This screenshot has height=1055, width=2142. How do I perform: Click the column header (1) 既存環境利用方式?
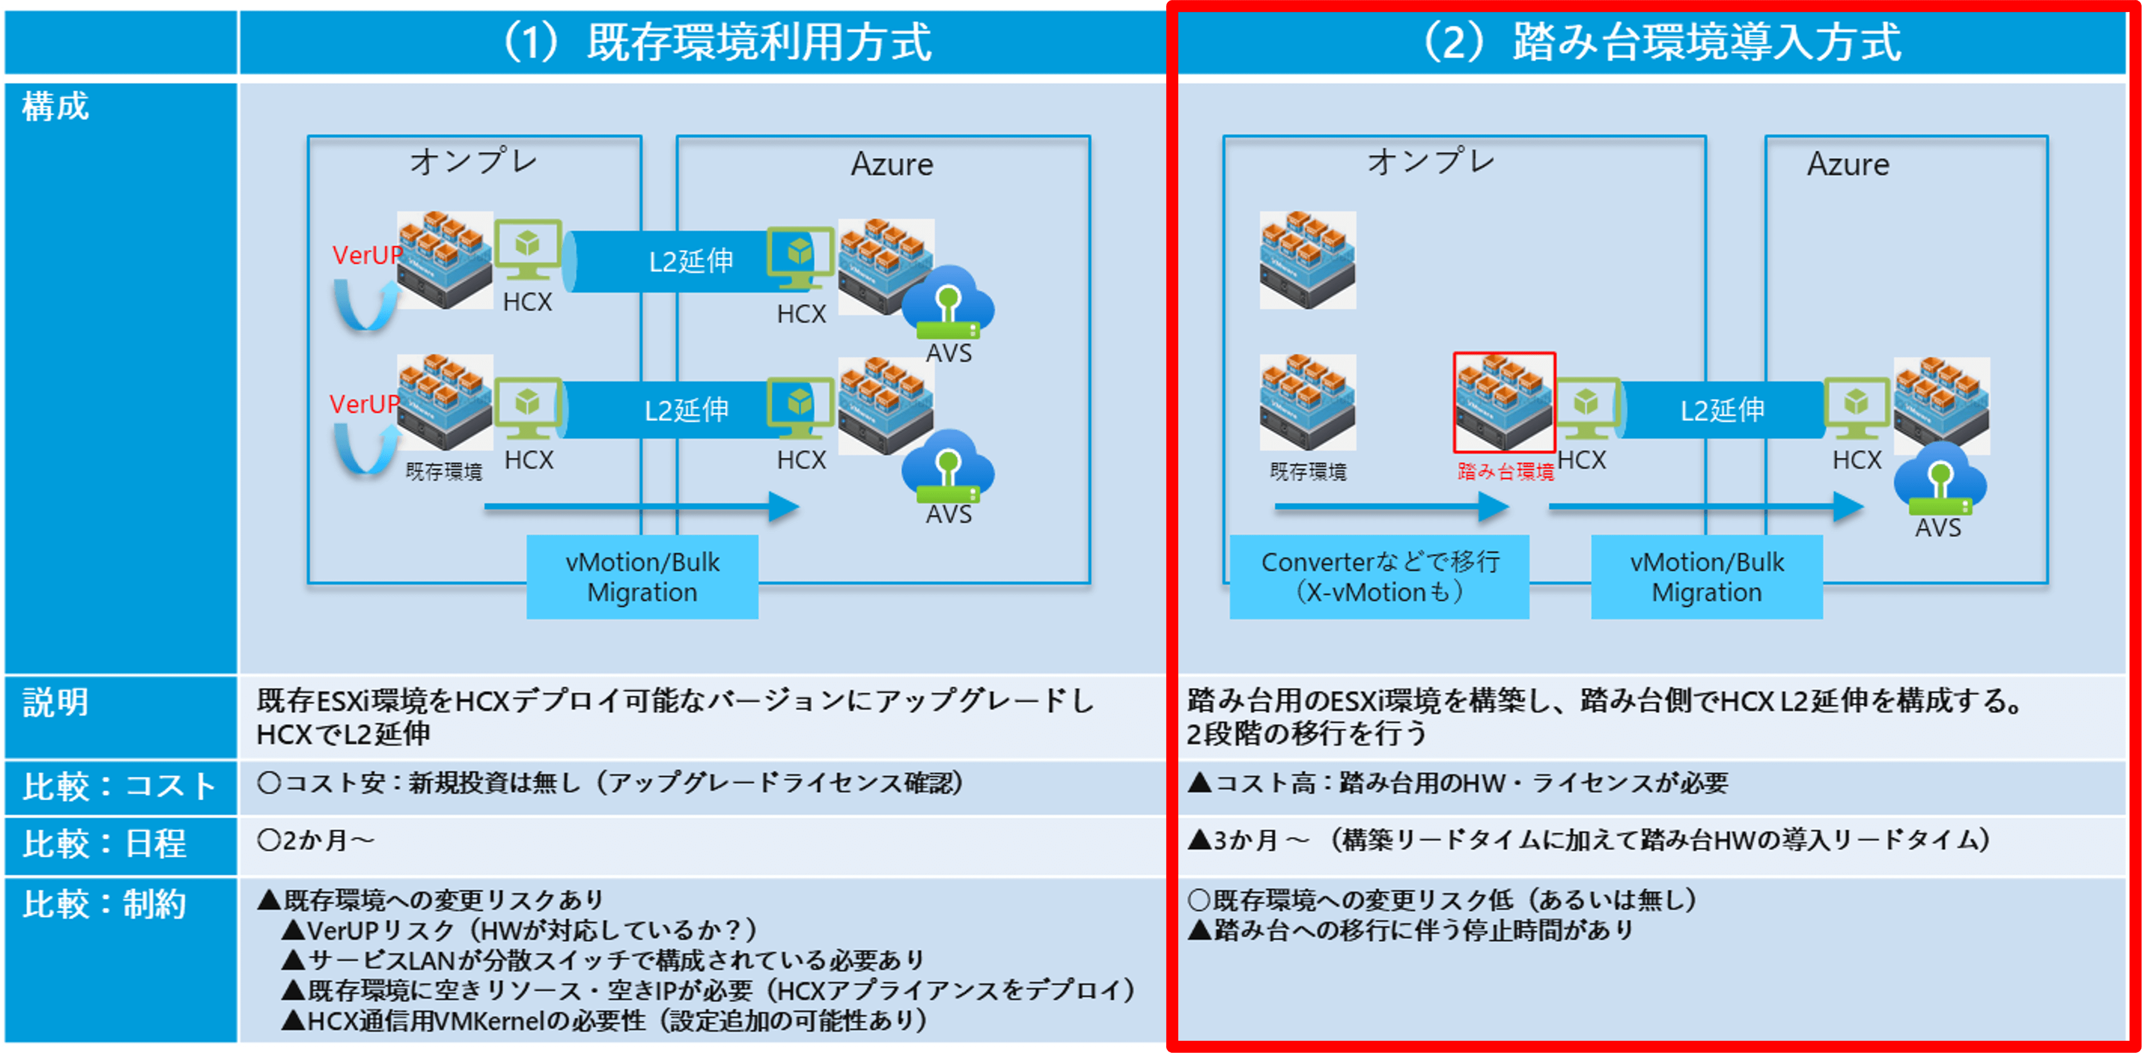coord(717,42)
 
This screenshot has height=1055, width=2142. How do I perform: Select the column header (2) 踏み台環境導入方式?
coord(1661,42)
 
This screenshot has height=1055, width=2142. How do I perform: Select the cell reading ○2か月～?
coord(316,840)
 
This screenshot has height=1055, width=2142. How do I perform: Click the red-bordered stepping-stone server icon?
coord(1504,402)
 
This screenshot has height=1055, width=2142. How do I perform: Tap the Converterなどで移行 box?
coord(1379,577)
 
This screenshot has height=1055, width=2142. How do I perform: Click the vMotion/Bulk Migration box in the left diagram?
coord(642,577)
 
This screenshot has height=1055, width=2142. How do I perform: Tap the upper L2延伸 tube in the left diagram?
coord(690,262)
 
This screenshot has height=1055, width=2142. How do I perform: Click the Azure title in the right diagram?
coord(1848,165)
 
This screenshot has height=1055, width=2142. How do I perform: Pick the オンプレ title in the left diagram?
coord(474,161)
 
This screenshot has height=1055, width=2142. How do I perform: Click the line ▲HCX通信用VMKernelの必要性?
coord(604,1021)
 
